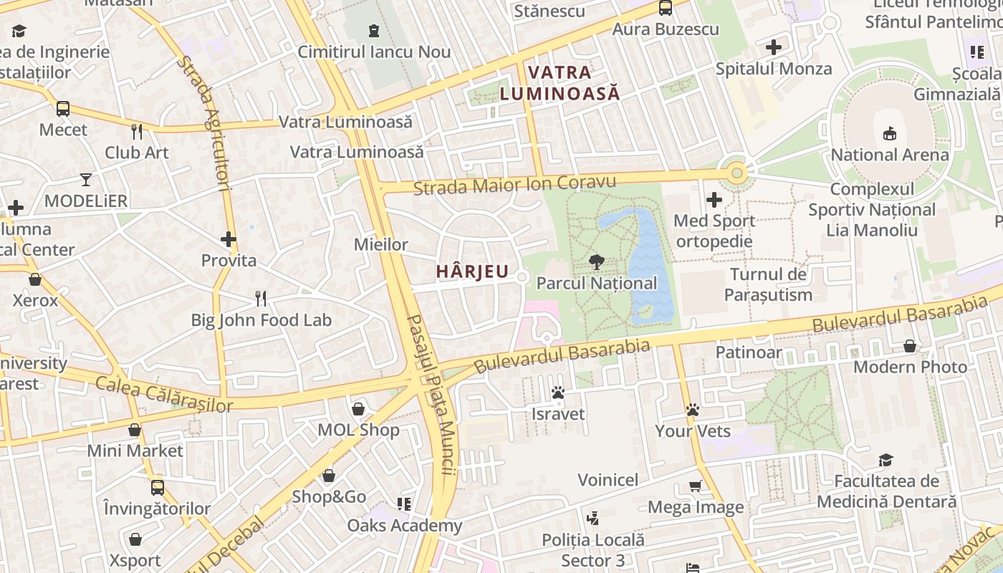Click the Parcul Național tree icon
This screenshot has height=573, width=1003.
coord(595,262)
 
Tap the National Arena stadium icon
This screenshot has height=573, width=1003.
coord(889,133)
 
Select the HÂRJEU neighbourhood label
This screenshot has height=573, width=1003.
coord(473,272)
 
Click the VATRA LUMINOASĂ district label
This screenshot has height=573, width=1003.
coord(560,82)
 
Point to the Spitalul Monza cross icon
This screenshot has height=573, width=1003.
coord(774,48)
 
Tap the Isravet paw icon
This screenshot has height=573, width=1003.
coord(558,393)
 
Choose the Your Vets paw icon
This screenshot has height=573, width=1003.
coord(692,410)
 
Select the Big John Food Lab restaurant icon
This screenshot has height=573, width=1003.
coord(261,298)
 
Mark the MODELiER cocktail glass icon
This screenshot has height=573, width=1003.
coord(86,180)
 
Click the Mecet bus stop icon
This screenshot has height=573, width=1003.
coord(63,109)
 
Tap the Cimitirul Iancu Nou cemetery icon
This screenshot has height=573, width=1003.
coord(373,31)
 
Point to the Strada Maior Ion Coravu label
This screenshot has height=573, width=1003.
coord(515,184)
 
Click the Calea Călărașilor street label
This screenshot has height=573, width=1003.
coord(164,395)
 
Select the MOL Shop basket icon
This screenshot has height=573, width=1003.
coord(358,409)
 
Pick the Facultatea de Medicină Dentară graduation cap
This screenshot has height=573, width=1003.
coord(886,460)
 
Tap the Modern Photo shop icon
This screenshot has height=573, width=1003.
coord(910,347)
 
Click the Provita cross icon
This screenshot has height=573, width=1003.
coord(229,239)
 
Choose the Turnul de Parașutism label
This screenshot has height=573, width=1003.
coord(768,284)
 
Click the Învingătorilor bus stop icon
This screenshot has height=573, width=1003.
coord(158,488)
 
